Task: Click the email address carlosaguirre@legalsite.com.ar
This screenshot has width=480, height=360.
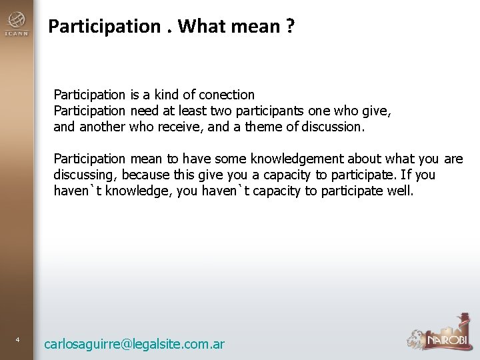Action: click(x=134, y=344)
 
